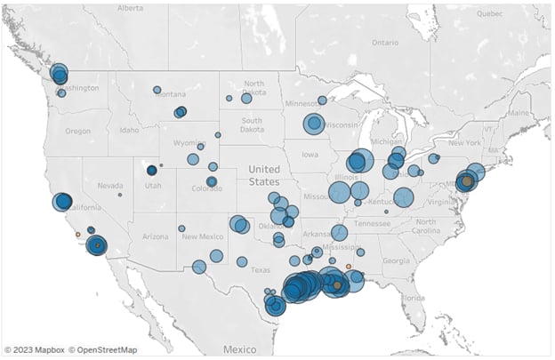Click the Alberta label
[x=129, y=7]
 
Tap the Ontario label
[x=384, y=42]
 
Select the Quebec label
[x=489, y=14]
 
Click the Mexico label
[x=240, y=349]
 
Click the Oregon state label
[x=77, y=131]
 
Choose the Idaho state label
[x=130, y=131]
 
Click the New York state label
[x=463, y=142]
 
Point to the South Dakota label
[x=251, y=125]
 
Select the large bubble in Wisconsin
[x=313, y=124]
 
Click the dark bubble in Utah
[x=152, y=170]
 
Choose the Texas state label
[x=261, y=269]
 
